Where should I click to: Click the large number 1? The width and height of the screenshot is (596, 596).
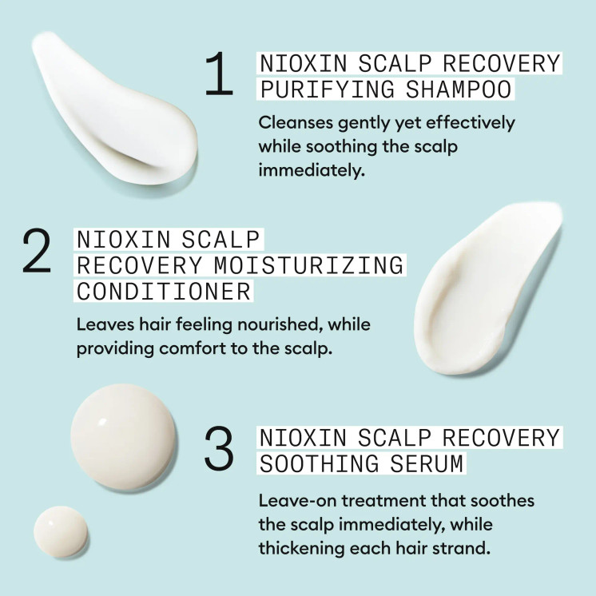[218, 76]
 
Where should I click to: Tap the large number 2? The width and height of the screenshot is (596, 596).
[37, 252]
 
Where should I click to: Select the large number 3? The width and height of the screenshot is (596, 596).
[219, 450]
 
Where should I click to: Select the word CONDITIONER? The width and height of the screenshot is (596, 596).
[163, 291]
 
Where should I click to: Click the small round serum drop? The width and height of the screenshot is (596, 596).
[61, 531]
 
